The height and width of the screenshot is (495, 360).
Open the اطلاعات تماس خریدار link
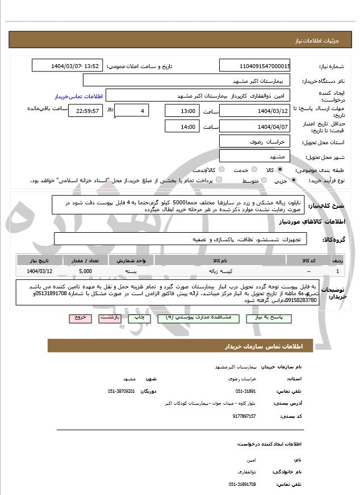pyautogui.click(x=73, y=96)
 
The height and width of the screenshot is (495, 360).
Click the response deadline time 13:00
pyautogui.click(x=182, y=111)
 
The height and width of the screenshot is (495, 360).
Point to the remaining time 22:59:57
pyautogui.click(x=86, y=111)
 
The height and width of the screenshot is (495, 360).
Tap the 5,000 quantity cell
pyautogui.click(x=85, y=271)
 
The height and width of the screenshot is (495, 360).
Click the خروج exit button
pyautogui.click(x=79, y=318)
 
